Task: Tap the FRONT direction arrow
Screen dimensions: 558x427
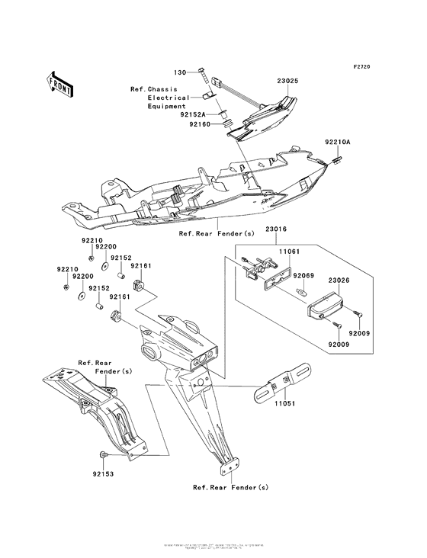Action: pos(60,83)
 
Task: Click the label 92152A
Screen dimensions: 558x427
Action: pos(194,114)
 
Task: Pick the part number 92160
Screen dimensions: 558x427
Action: pos(194,123)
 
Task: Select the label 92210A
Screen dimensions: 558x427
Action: pos(336,143)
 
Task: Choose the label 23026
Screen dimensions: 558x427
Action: pos(339,281)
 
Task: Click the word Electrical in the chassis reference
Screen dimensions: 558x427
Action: pos(169,98)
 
